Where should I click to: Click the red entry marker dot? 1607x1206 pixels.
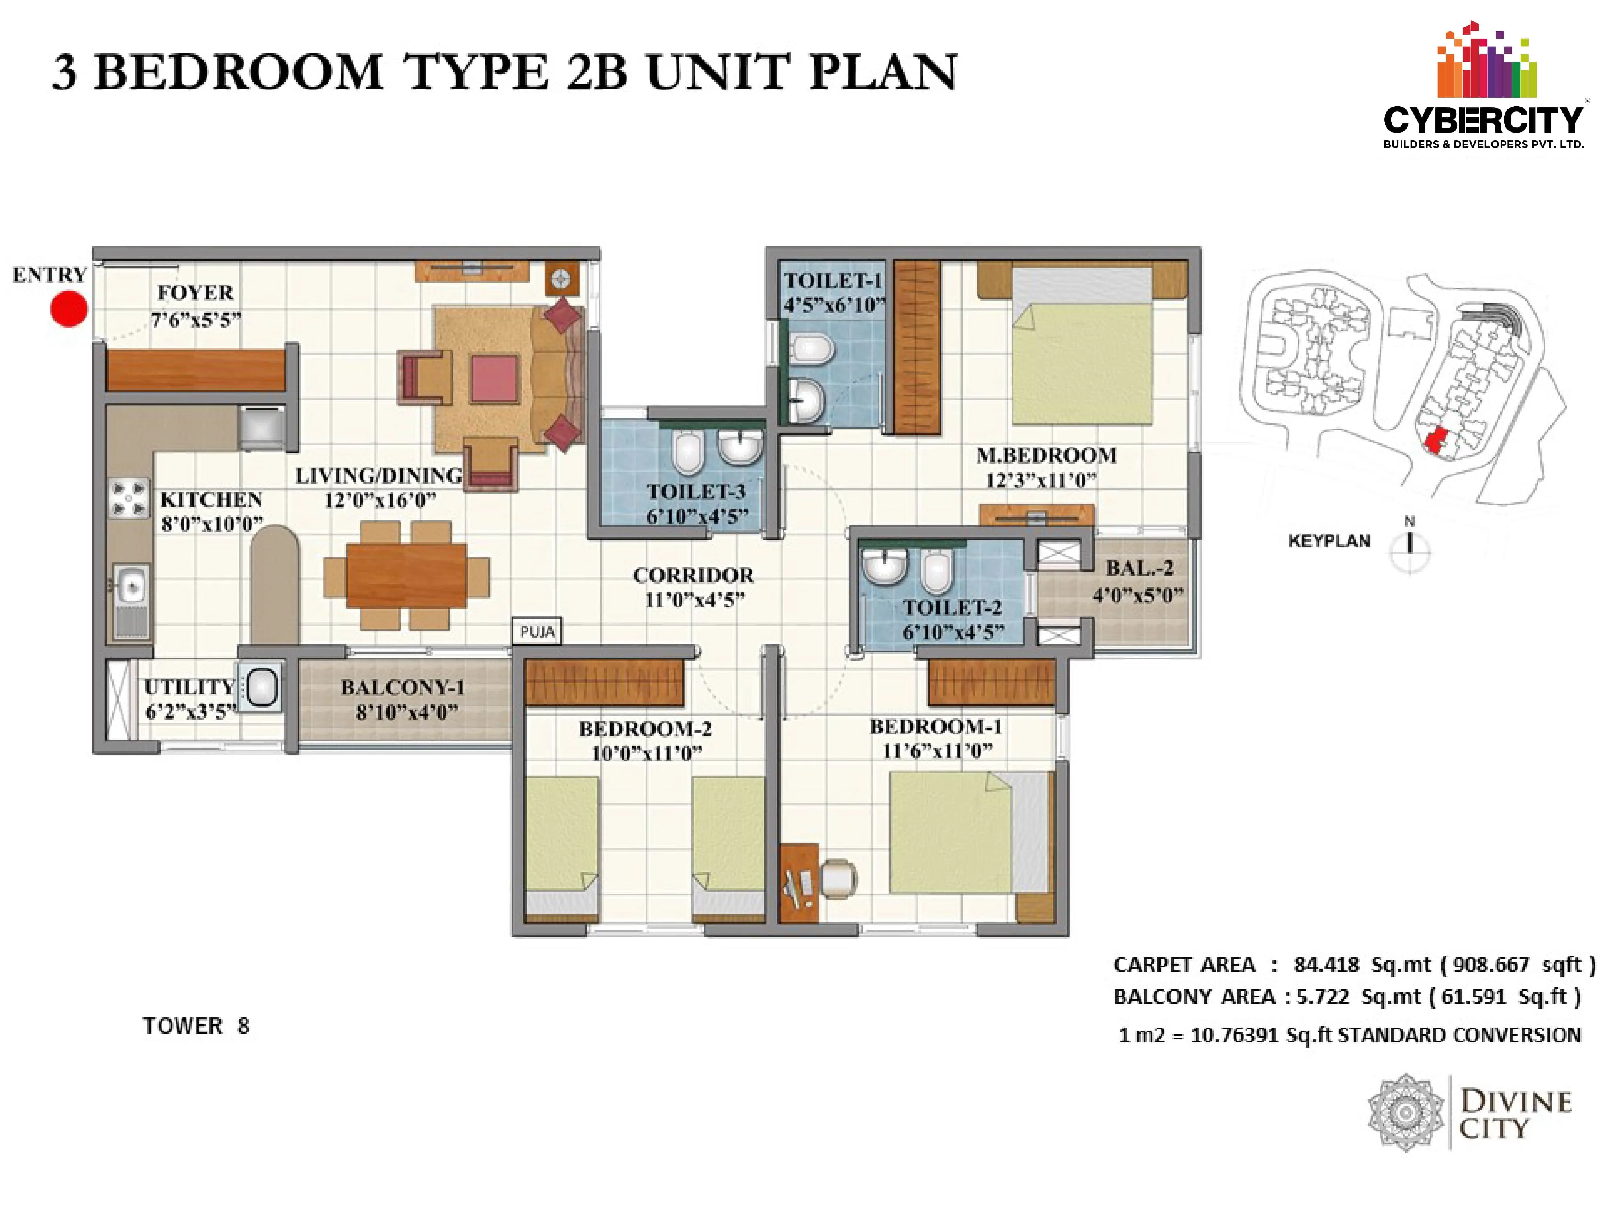pyautogui.click(x=69, y=309)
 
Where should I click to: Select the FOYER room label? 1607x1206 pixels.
pyautogui.click(x=195, y=293)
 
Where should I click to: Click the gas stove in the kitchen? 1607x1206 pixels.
pyautogui.click(x=129, y=498)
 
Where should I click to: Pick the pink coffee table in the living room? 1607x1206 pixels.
pyautogui.click(x=495, y=379)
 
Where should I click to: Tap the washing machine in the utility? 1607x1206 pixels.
pyautogui.click(x=260, y=687)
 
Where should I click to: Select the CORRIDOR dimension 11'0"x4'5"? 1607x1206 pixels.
pyautogui.click(x=695, y=600)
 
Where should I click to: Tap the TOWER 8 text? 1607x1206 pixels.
pyautogui.click(x=196, y=1026)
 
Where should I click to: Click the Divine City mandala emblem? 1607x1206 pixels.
pyautogui.click(x=1406, y=1112)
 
